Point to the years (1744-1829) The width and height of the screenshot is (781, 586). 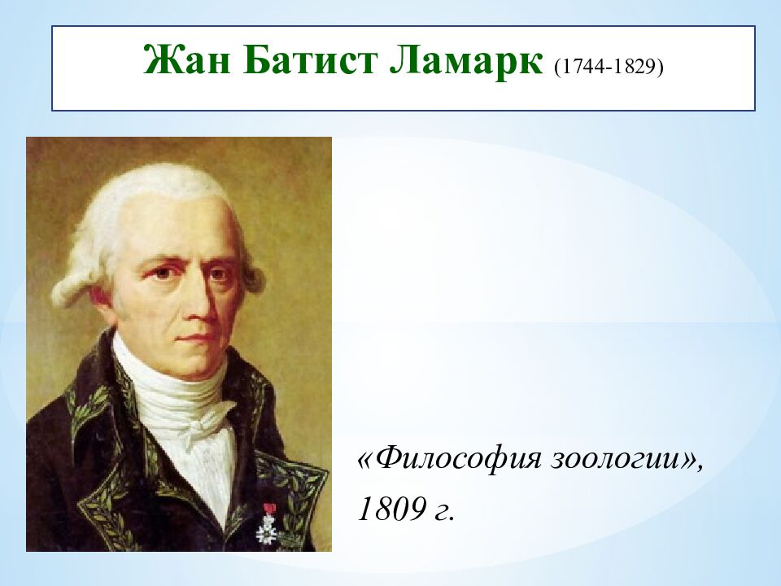pos(609,66)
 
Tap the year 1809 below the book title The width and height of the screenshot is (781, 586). pos(390,509)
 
